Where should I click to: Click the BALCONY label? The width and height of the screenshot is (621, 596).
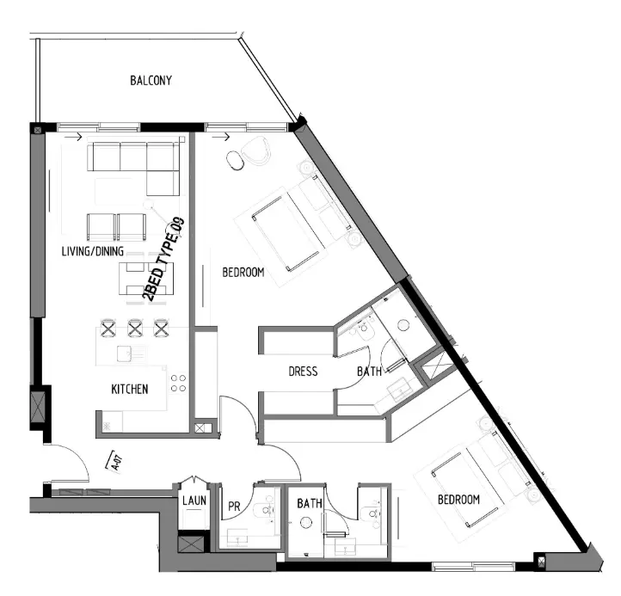151,81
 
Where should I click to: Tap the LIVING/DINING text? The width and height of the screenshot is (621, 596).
92,252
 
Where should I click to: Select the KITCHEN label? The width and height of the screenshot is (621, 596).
129,390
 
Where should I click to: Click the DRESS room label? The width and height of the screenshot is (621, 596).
303,372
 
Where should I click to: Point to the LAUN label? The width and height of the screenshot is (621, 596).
193,501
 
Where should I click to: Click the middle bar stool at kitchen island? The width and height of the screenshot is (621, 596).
134,328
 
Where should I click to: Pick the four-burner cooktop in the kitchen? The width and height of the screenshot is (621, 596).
179,383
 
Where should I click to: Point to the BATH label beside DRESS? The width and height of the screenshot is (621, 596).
369,372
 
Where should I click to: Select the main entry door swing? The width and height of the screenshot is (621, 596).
69,464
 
